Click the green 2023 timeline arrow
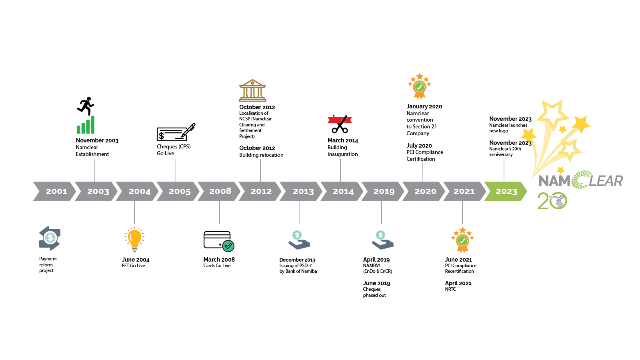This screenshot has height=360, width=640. [506, 191]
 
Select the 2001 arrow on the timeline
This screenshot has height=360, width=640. [55, 191]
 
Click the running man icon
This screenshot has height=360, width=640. [86, 106]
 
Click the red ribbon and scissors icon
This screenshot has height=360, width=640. [340, 124]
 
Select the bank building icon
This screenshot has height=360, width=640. [252, 90]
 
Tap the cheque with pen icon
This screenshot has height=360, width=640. [176, 132]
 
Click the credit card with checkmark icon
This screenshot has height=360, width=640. [219, 242]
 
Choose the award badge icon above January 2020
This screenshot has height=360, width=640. [420, 86]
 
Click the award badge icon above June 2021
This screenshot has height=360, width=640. [462, 240]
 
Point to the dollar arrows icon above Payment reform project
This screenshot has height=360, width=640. [50, 238]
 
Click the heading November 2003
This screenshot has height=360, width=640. [97, 140]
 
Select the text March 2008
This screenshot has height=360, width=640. [219, 260]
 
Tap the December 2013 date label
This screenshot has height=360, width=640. [297, 260]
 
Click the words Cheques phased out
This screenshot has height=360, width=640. [374, 292]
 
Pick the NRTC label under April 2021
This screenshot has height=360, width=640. [450, 290]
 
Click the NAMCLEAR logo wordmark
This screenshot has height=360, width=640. [580, 180]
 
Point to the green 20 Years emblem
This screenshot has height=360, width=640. [552, 200]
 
